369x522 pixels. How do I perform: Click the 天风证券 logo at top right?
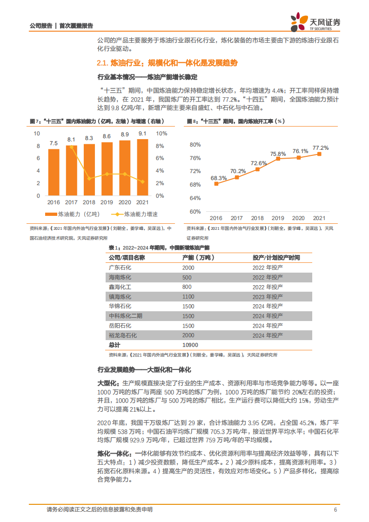click(x=315, y=22)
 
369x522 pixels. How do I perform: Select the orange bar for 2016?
click(x=54, y=172)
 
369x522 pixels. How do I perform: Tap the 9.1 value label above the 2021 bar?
click(x=143, y=134)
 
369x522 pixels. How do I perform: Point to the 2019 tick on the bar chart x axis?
click(x=107, y=202)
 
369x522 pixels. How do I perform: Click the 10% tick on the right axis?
click(x=161, y=134)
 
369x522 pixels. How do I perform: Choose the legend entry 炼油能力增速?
click(x=134, y=214)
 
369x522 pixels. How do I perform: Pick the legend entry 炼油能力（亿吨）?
click(x=72, y=214)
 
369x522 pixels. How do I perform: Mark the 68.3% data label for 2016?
click(x=219, y=178)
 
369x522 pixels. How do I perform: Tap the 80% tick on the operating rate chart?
click(x=195, y=145)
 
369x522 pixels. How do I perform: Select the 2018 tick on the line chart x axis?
click(x=257, y=218)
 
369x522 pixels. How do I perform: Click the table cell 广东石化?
click(x=120, y=268)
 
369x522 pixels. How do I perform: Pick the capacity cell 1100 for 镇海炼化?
click(x=188, y=296)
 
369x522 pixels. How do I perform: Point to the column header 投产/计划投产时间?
click(x=276, y=257)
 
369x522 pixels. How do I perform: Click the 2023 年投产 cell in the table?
click(x=268, y=296)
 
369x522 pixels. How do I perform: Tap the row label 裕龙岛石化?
click(x=123, y=335)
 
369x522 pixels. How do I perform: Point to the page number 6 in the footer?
click(x=335, y=510)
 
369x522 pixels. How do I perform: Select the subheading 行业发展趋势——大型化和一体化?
click(x=144, y=370)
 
